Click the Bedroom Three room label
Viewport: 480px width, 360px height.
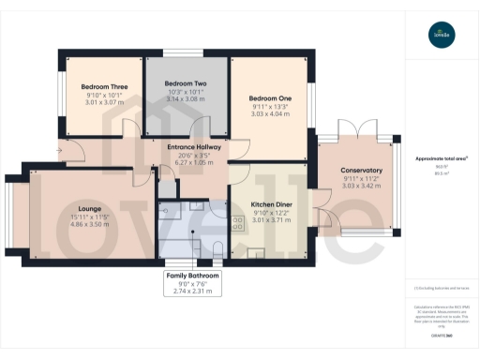(104, 87)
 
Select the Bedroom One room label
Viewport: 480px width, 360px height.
(270, 97)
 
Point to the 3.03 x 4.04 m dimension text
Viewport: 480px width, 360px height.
(270, 114)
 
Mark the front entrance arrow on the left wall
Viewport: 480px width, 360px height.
(61, 145)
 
